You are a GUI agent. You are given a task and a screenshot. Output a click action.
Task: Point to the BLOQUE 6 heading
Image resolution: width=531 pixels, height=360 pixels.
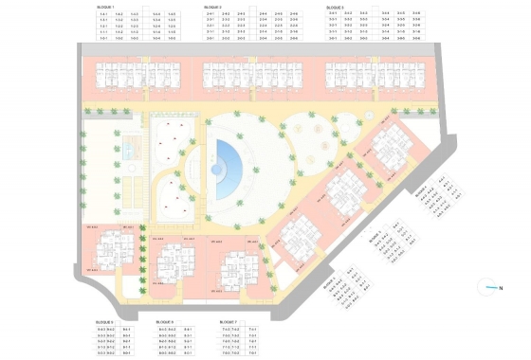105,322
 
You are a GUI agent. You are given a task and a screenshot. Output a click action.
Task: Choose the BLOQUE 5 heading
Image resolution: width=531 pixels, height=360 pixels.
162,322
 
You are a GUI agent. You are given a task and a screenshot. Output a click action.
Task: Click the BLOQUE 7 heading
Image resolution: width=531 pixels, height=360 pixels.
227,322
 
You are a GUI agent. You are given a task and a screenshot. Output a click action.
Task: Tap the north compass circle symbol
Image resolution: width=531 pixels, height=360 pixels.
487,286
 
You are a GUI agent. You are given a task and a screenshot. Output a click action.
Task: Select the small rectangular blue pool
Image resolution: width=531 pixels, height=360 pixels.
130,150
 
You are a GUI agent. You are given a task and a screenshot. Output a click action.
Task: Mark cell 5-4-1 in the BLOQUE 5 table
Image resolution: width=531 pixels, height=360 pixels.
187,329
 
